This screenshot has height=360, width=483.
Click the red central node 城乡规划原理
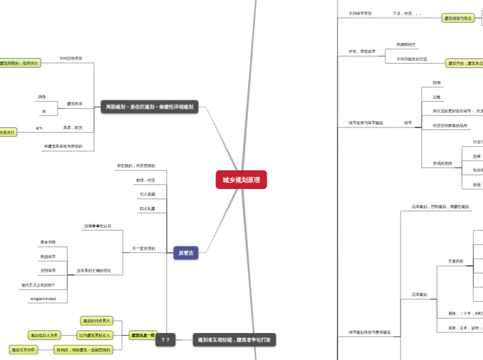241,180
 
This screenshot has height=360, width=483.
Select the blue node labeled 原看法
186,253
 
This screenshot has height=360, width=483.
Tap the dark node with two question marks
166,340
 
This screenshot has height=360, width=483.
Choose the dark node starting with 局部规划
149,107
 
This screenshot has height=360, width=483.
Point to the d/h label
39,128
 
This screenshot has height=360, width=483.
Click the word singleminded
43,299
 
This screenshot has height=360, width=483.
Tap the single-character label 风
43,111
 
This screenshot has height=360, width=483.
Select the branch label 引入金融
147,195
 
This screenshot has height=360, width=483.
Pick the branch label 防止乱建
147,208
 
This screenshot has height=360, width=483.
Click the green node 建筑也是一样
143,335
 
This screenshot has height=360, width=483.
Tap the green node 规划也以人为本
45,335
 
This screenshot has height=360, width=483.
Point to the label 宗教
437,97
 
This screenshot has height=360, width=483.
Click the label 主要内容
456,261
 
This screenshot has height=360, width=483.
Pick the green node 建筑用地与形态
458,18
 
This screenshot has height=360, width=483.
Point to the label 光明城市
48,271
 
